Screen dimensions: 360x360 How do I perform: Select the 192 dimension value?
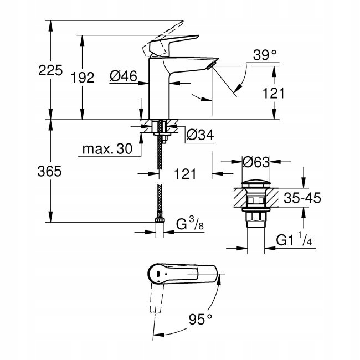83,78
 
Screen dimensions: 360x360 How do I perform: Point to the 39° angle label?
265,55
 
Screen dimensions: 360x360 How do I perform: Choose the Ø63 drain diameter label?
256,162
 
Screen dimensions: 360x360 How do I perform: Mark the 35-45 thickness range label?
302,198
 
